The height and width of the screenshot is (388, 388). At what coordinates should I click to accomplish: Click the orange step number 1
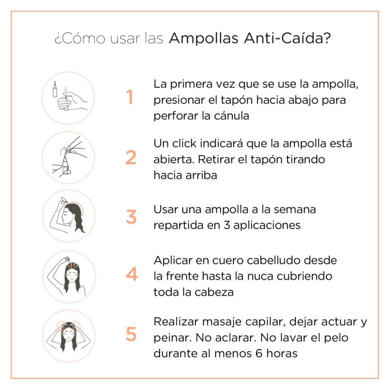click(x=130, y=97)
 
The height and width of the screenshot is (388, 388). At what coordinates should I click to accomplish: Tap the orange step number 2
click(x=131, y=157)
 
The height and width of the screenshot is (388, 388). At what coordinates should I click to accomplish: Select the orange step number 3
click(x=131, y=216)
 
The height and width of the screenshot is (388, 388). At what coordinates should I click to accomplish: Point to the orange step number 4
click(x=131, y=275)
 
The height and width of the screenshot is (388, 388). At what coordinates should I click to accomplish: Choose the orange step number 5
click(x=131, y=334)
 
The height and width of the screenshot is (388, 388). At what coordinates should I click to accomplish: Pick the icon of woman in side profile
click(x=68, y=216)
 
